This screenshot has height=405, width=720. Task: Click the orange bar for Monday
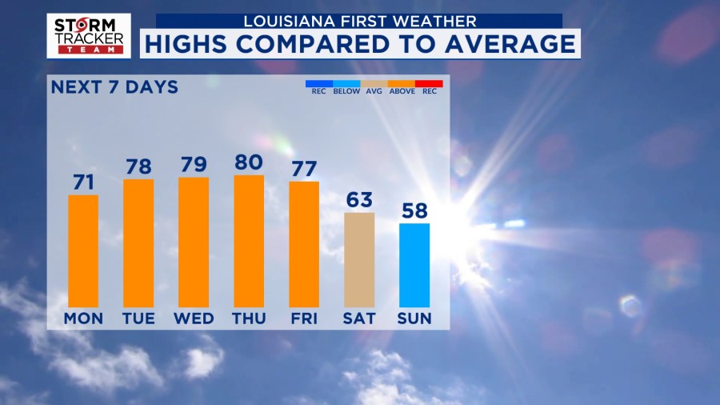point(83,251)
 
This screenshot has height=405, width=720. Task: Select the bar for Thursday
point(249,241)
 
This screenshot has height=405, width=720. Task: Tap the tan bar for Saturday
point(359,259)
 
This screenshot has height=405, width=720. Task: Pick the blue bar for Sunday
point(414,265)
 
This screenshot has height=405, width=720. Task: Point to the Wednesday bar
point(194,242)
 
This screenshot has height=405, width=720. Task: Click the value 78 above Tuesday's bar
point(138,166)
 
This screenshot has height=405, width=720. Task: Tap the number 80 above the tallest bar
point(249,162)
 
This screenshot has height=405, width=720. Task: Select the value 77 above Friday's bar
point(304,169)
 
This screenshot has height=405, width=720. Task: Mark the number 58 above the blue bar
point(414,211)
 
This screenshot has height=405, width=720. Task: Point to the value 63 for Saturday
point(359,200)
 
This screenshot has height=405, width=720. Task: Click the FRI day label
point(304,319)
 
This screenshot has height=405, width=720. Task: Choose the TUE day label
point(138,319)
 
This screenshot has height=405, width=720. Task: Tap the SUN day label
point(414,319)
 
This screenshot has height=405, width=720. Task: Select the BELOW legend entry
point(346,90)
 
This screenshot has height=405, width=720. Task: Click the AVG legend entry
point(374,90)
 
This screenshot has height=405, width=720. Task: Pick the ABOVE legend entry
point(402,90)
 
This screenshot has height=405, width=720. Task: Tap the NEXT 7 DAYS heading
point(114,87)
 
